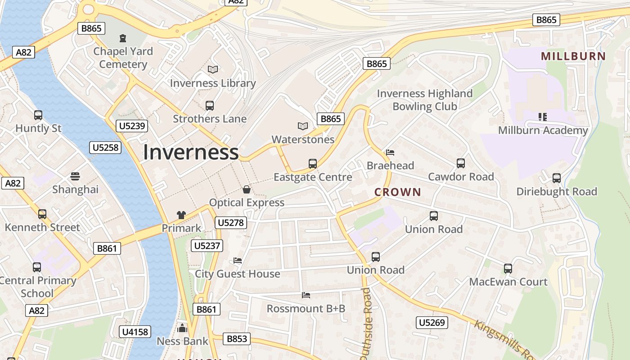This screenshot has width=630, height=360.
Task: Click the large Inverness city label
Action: (x=190, y=152)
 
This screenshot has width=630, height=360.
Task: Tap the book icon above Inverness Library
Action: (x=213, y=70)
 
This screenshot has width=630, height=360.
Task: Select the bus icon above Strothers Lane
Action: (x=210, y=106)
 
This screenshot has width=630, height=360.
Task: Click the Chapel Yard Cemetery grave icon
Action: (x=122, y=38)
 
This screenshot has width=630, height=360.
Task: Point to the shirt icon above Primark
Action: (x=181, y=215)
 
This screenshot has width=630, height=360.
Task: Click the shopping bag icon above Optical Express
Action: (x=247, y=189)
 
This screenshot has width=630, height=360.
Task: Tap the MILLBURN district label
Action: (x=573, y=56)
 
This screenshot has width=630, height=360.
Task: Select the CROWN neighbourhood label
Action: (x=398, y=192)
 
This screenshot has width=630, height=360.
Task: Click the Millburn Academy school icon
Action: (x=542, y=117)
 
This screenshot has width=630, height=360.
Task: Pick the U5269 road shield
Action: (x=432, y=322)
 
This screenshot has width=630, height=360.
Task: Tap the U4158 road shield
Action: (x=135, y=332)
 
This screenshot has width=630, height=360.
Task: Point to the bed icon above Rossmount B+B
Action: (x=306, y=295)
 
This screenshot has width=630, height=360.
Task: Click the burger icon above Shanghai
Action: (x=75, y=176)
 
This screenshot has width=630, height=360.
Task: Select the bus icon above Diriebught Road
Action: (x=557, y=178)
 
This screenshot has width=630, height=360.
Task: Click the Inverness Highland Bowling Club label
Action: (x=424, y=100)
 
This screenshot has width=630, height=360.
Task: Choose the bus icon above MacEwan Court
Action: (x=508, y=269)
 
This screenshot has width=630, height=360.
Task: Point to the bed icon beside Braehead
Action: (x=390, y=153)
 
